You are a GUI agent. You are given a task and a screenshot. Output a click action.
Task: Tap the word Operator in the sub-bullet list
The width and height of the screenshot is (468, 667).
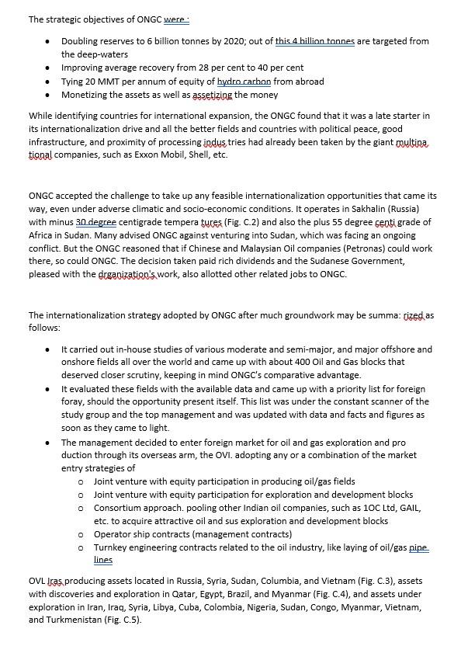point(113,534)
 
